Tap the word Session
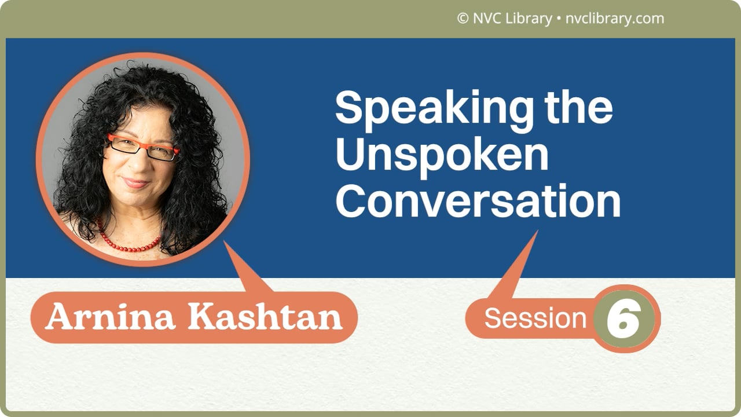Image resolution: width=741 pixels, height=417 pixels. point(535,319)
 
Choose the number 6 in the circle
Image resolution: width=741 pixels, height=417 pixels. point(623,319)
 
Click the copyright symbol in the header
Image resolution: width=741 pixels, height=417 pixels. point(462,19)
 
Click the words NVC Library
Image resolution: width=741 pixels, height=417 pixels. point(512,19)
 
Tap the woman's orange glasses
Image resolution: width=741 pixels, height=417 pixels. point(142,147)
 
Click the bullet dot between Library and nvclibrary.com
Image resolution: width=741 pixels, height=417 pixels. point(559,19)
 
